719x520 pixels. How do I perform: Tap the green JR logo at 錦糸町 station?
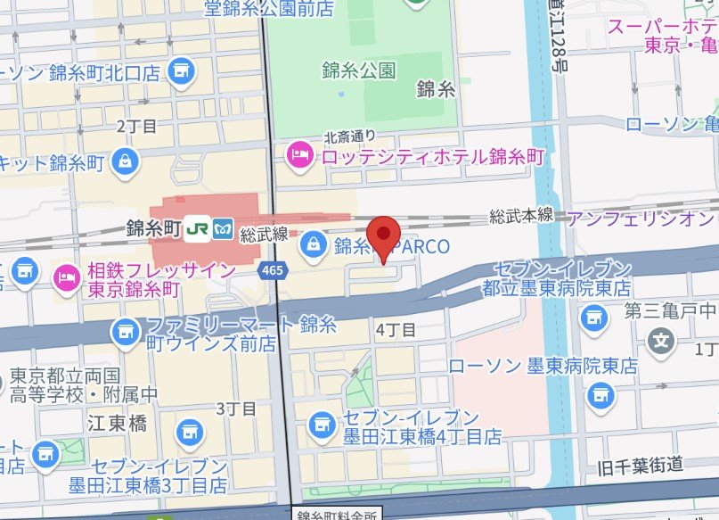point(197,229)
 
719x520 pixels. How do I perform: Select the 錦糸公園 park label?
point(359,70)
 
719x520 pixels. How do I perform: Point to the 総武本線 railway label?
point(521,216)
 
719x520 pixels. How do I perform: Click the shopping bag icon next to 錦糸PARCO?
point(314,242)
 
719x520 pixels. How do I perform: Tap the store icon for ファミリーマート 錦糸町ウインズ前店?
point(125,333)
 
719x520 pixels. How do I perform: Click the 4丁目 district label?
point(396,330)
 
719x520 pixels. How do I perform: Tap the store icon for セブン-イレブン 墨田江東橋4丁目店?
point(321,427)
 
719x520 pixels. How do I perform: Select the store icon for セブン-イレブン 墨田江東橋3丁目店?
point(189,433)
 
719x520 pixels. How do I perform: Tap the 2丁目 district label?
point(136,126)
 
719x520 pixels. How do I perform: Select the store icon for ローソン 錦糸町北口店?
point(182,69)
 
